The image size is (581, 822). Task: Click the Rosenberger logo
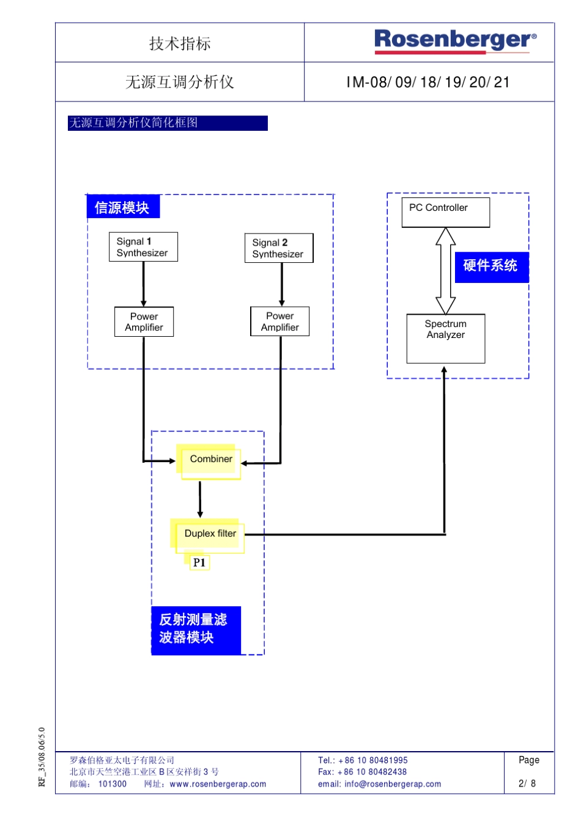pos(455,41)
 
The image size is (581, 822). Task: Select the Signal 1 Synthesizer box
pos(143,247)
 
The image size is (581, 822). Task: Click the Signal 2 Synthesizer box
pos(279,248)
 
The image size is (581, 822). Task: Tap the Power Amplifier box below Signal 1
pos(144,321)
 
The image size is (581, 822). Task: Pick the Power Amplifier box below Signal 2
pos(279,321)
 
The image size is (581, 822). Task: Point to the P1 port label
pos(199,562)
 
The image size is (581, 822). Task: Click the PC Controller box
pos(445,212)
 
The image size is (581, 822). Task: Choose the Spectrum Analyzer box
pos(445,337)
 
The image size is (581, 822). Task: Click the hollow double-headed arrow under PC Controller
pos(445,271)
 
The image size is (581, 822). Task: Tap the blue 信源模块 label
pos(122,207)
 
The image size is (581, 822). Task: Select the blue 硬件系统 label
pos(491,266)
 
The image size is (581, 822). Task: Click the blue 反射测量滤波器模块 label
pos(195,629)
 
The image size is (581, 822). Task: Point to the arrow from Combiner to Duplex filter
pos(200,499)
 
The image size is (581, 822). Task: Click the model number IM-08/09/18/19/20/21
pos(428,83)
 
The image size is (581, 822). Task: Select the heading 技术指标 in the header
pos(180,43)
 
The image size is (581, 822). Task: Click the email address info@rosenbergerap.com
pos(392,784)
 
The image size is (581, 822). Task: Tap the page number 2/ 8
pos(527,783)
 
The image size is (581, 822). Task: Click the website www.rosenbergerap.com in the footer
pos(218,784)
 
